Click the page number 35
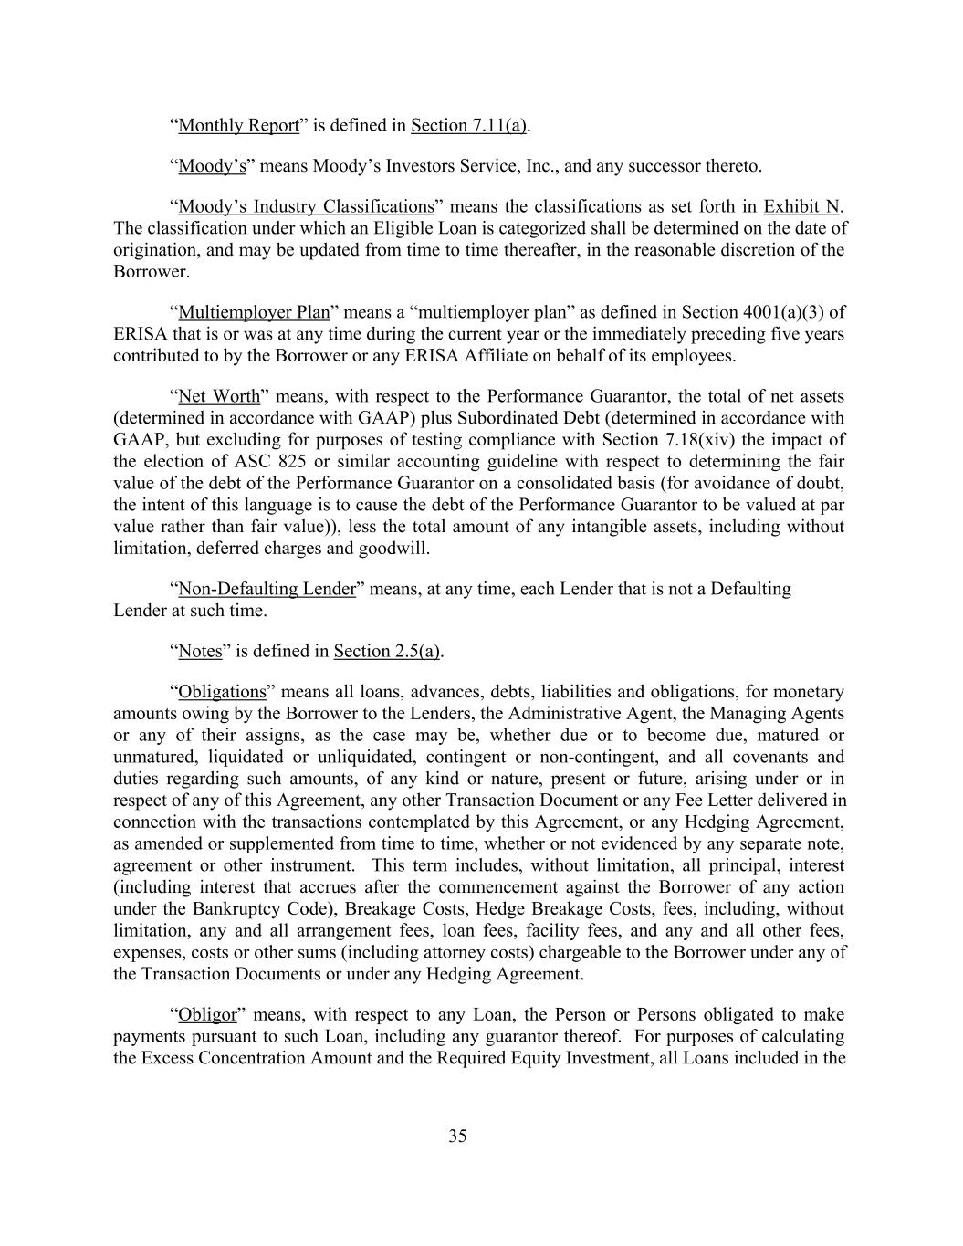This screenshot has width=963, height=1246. coord(457,1136)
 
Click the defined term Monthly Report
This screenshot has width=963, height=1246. coord(238,125)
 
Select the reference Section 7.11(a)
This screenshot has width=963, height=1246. coord(468,125)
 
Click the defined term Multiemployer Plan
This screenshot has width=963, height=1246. coord(254,312)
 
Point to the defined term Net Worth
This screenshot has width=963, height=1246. coord(219,396)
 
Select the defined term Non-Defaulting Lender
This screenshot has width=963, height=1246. coord(267,589)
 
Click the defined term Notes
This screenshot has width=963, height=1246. coord(200,651)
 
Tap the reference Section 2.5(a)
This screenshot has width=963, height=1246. coord(387,651)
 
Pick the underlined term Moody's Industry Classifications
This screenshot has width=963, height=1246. coord(306,206)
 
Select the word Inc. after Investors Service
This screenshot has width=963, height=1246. coord(542,166)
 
